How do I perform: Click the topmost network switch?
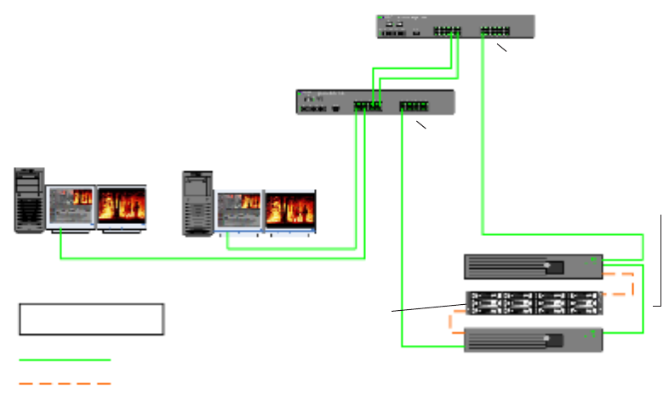click(x=455, y=26)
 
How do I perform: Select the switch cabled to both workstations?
click(x=375, y=103)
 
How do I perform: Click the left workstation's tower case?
click(x=29, y=201)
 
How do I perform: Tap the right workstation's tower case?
click(x=197, y=204)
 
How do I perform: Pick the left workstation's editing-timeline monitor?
click(x=71, y=208)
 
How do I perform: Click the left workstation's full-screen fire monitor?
click(x=121, y=208)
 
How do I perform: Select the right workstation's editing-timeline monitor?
click(x=238, y=211)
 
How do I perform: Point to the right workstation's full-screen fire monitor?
click(x=289, y=211)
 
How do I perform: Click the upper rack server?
click(x=533, y=267)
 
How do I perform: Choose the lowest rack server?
click(x=533, y=341)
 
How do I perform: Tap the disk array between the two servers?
click(x=533, y=304)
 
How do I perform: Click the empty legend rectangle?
click(x=92, y=319)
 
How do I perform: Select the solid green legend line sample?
click(x=65, y=360)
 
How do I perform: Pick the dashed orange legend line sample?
click(x=65, y=383)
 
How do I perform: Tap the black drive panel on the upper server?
click(x=554, y=267)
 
